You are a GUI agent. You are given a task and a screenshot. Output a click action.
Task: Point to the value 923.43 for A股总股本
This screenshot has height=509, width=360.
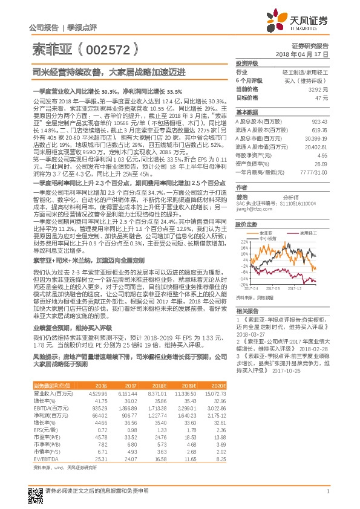point(319,121)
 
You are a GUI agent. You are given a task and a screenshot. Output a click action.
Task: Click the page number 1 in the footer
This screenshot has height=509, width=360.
point(327,491)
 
